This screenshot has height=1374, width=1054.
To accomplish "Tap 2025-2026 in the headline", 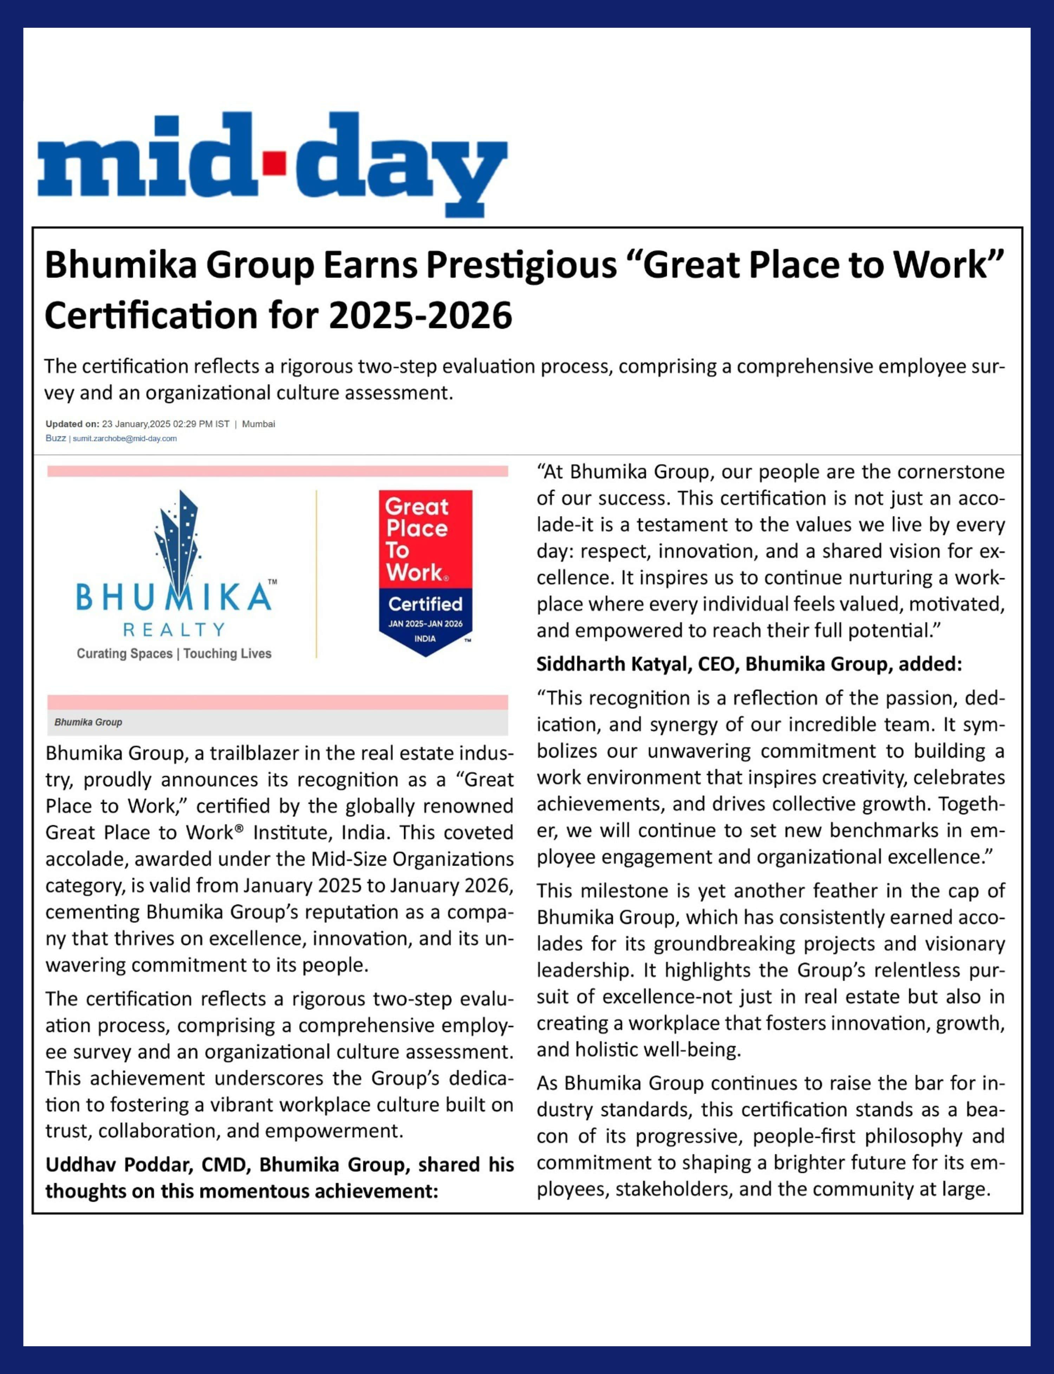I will point(420,315).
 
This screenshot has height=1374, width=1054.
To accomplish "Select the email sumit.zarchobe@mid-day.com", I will point(125,438).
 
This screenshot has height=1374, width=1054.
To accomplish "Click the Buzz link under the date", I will point(55,438).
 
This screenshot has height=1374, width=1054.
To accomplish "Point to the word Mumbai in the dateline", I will point(259,424).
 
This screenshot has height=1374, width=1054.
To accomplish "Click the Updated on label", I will point(72,424).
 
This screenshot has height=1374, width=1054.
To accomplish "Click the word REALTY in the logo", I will point(174,629).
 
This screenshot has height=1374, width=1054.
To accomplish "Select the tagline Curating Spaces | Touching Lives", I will point(174,654).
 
